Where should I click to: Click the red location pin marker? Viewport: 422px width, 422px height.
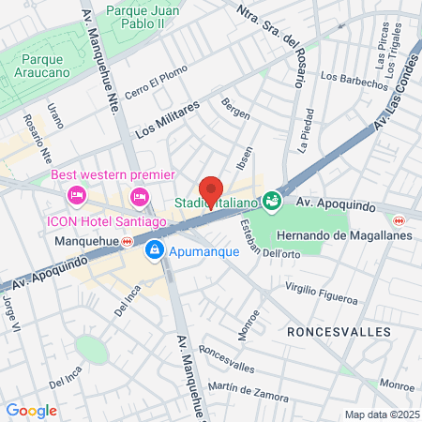(211, 190)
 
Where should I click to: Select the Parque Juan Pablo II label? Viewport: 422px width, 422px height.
(149, 18)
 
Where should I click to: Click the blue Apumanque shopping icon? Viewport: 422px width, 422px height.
(154, 250)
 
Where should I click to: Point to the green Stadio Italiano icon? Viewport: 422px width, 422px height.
(272, 201)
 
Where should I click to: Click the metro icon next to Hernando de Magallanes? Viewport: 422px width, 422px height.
(399, 221)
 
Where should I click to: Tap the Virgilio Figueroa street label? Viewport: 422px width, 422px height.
(321, 294)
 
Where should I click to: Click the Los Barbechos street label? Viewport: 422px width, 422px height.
(354, 81)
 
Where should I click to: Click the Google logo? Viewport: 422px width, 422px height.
(32, 410)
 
